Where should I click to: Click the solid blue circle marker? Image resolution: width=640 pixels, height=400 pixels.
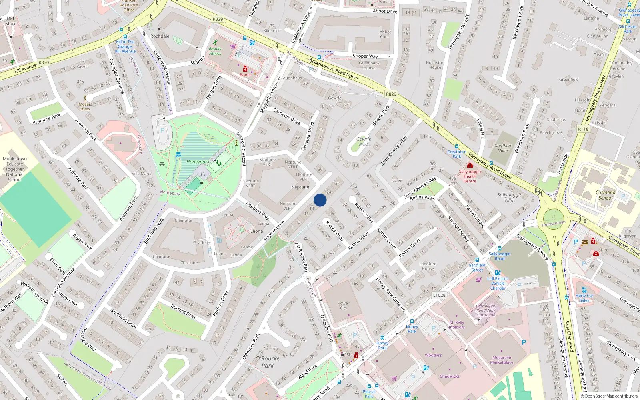(320, 200)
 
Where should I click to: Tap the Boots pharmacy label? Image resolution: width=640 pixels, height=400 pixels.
(245, 75)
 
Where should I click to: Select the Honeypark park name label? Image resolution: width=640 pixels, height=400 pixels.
(198, 162)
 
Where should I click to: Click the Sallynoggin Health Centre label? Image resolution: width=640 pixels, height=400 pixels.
(470, 176)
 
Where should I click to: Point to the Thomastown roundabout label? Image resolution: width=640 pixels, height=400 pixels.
(553, 224)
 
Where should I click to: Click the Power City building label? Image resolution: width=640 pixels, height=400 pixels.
(343, 306)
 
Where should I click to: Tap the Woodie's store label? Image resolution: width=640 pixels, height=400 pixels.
(433, 355)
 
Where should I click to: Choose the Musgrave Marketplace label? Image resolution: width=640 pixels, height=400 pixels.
(502, 360)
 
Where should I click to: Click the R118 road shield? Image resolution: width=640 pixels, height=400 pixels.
(583, 129)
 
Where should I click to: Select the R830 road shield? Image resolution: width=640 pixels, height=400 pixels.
(44, 62)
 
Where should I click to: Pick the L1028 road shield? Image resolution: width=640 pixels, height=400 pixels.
(439, 295)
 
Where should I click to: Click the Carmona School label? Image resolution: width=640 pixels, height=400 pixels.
(606, 195)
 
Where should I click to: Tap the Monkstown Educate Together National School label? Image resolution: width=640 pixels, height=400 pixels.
(15, 169)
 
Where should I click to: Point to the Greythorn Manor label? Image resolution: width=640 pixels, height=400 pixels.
(503, 148)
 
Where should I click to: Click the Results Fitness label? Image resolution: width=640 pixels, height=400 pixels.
(215, 51)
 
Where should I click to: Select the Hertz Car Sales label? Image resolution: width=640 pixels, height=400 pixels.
(584, 298)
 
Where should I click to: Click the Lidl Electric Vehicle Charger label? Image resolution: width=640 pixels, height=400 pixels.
(498, 283)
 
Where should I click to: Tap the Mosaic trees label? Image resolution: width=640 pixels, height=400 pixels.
(85, 106)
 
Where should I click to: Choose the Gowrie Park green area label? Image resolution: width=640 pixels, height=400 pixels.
(364, 142)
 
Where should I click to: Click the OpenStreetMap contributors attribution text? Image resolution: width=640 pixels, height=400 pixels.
(609, 396)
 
